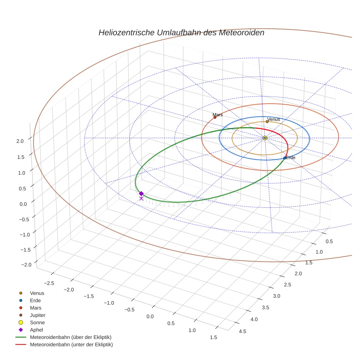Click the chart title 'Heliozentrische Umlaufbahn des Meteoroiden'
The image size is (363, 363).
(x=181, y=32)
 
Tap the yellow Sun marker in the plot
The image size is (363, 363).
(x=265, y=138)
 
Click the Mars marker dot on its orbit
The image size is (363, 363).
(x=215, y=117)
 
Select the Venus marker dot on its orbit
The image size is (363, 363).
(x=267, y=121)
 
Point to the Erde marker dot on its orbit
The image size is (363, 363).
(x=284, y=158)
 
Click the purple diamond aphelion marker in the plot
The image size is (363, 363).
(x=141, y=193)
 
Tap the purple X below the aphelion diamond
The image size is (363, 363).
(x=141, y=198)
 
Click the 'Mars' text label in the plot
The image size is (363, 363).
(x=218, y=115)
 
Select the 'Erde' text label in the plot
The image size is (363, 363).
(x=291, y=158)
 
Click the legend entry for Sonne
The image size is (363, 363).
(x=37, y=322)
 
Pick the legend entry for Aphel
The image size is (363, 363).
(x=37, y=330)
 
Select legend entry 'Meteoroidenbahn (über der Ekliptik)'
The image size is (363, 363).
(x=70, y=337)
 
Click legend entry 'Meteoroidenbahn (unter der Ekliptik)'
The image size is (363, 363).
(x=71, y=345)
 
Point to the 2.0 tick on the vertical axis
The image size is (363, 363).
(x=20, y=141)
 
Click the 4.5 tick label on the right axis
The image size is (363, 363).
(x=243, y=331)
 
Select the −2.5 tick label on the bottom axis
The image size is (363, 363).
(x=49, y=283)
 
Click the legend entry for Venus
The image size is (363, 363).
(x=37, y=293)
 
